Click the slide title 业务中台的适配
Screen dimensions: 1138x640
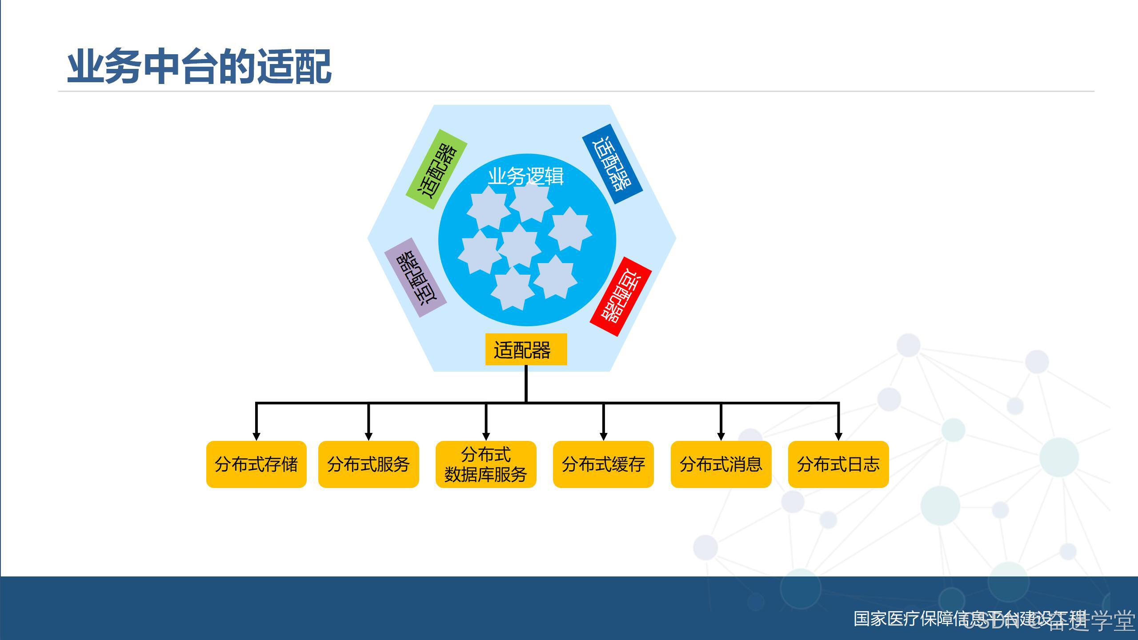tap(199, 67)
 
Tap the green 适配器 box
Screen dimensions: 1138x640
tap(437, 170)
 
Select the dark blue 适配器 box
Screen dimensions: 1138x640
tap(613, 164)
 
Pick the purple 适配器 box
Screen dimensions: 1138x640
tap(415, 277)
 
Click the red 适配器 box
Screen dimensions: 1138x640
tap(621, 296)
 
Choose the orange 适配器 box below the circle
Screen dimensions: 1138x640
tap(526, 350)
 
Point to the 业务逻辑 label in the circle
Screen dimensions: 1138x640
tap(526, 176)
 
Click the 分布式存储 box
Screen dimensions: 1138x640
tap(256, 464)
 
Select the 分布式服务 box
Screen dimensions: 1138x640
tap(369, 464)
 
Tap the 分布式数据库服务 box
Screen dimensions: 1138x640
tap(486, 464)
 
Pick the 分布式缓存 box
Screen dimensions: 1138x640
tap(603, 464)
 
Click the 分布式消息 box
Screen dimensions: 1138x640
tap(721, 464)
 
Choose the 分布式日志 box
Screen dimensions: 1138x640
tap(838, 464)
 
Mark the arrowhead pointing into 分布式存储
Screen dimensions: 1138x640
tap(256, 436)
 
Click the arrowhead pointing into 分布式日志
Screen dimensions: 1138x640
tap(838, 436)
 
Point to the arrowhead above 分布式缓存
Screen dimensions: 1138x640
tap(603, 436)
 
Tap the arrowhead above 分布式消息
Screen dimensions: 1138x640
tap(721, 436)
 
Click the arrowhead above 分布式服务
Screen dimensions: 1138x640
tap(369, 436)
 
